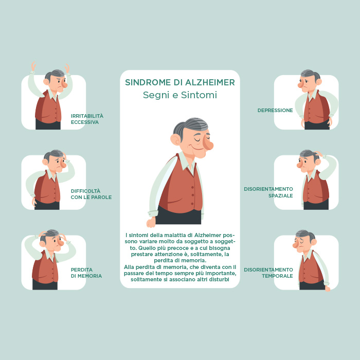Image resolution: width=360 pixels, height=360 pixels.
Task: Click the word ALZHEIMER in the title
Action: pyautogui.click(x=210, y=82)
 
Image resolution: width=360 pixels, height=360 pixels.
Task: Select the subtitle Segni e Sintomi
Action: pyautogui.click(x=180, y=95)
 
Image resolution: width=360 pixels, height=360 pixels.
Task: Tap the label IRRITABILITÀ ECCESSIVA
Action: pyautogui.click(x=87, y=119)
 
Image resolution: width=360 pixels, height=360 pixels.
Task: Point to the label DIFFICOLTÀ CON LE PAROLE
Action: pyautogui.click(x=91, y=194)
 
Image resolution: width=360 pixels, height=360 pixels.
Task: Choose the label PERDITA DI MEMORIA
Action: pyautogui.click(x=86, y=273)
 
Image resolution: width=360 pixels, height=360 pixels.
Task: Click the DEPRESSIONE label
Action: pyautogui.click(x=275, y=111)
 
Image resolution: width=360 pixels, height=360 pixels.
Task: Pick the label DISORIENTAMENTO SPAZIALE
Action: pyautogui.click(x=268, y=192)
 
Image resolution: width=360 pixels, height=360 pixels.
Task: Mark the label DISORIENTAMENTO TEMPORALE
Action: pyautogui.click(x=268, y=273)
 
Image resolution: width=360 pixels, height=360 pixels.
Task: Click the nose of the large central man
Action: pyautogui.click(x=208, y=145)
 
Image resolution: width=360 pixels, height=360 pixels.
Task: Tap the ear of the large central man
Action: pyautogui.click(x=175, y=139)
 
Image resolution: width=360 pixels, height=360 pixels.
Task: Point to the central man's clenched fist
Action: pyautogui.click(x=151, y=222)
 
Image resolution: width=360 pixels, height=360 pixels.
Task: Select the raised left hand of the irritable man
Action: pyautogui.click(x=33, y=66)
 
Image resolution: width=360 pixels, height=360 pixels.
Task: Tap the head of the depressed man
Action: pyautogui.click(x=309, y=81)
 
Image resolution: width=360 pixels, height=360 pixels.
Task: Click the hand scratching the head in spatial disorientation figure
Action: pyautogui.click(x=319, y=154)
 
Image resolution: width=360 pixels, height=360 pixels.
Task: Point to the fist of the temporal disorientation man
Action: pyautogui.click(x=328, y=289)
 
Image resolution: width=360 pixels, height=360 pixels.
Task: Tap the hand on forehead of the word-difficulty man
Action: pyautogui.click(x=65, y=158)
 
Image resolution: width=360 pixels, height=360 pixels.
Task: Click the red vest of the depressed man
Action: pyautogui.click(x=317, y=108)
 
